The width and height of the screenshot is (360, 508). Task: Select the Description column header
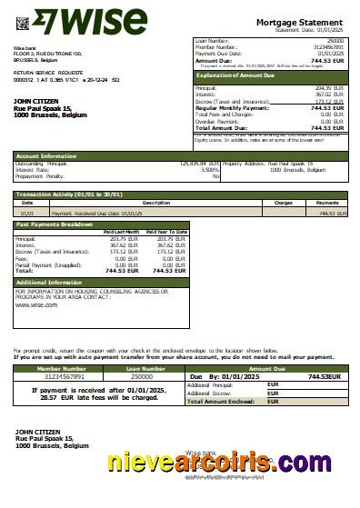tap(156, 203)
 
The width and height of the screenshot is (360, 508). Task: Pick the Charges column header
tap(283, 203)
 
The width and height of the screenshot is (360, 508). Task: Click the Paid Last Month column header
tap(121, 232)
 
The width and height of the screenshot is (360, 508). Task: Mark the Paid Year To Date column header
tap(166, 232)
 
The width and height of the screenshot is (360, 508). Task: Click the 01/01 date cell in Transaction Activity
tap(28, 213)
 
